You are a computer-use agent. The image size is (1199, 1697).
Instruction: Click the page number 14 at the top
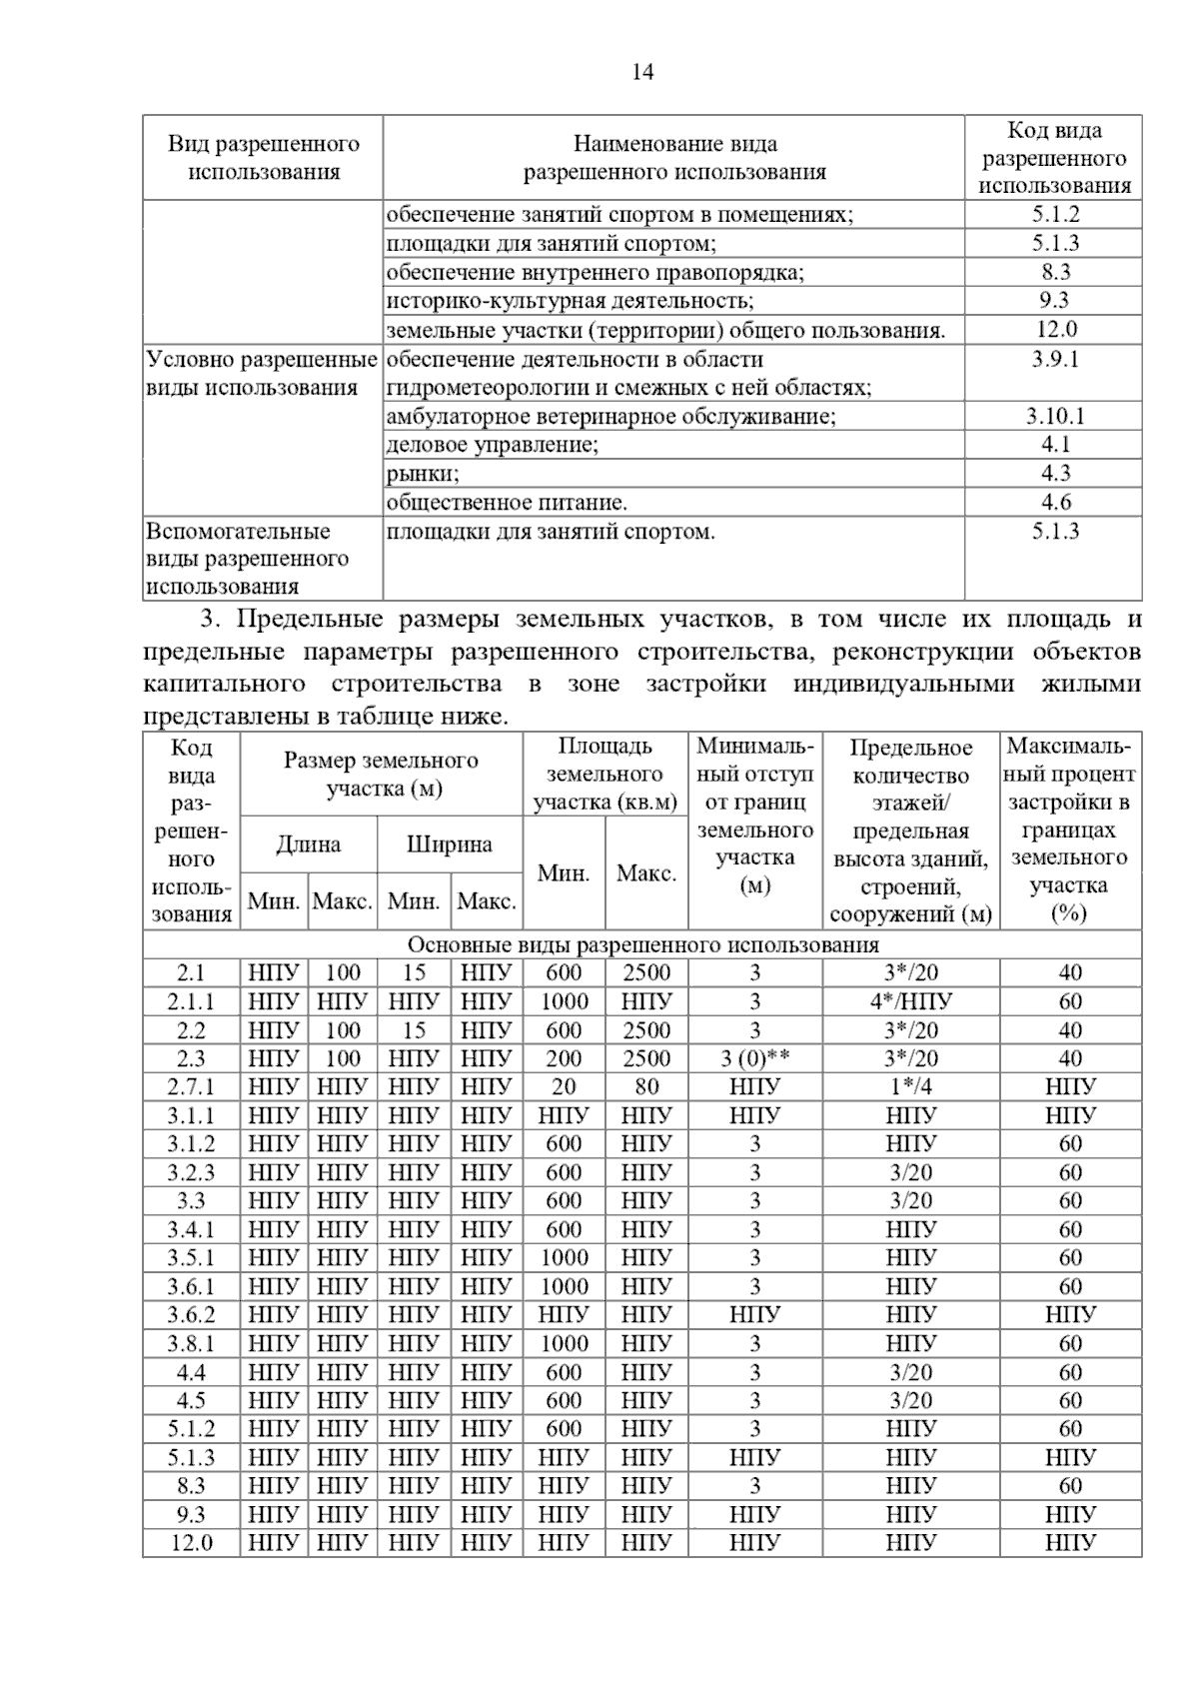coord(642,72)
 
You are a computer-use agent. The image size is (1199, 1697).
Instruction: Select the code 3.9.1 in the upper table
coord(1055,360)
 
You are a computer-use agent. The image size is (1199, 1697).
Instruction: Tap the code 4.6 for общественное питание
coord(1055,503)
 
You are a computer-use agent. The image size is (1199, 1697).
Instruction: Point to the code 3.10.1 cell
coord(1055,417)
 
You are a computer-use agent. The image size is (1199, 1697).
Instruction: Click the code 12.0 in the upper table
coord(1055,330)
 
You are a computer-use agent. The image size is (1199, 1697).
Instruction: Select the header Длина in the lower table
coord(308,845)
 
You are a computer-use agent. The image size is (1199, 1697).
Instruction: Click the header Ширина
coord(449,845)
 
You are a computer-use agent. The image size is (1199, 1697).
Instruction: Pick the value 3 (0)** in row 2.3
coord(754,1058)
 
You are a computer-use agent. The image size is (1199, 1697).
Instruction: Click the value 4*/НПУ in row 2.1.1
coord(910,1001)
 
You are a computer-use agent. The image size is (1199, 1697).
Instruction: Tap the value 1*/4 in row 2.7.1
coord(910,1087)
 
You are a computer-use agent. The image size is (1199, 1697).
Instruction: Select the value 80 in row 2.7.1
coord(646,1087)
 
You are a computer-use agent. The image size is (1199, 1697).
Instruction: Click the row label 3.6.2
coord(191,1315)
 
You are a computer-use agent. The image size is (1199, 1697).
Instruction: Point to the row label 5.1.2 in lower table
coord(191,1429)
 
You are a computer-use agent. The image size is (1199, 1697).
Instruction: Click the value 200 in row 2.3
coord(564,1058)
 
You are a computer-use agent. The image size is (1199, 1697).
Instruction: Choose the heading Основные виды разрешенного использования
coord(642,945)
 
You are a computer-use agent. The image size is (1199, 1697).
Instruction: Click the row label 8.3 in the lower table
coord(191,1486)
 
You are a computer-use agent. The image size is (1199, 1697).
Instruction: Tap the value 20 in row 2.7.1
coord(564,1087)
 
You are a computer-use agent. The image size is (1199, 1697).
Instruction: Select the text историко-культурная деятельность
coord(570,301)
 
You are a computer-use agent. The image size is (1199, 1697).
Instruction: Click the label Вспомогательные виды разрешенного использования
coord(247,559)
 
